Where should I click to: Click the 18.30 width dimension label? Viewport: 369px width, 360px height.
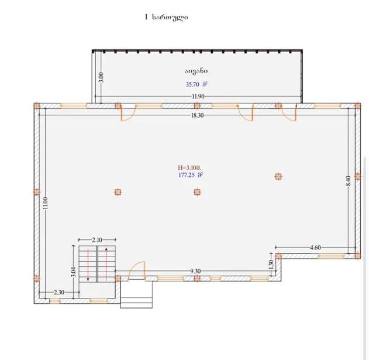(197, 115)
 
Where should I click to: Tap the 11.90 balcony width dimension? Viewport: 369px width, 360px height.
(198, 97)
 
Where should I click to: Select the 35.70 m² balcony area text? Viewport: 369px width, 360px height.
(196, 84)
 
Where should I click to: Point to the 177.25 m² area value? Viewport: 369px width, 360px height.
(191, 175)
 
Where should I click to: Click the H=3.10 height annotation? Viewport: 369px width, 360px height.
(189, 168)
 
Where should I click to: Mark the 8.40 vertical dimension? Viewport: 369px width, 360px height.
(349, 181)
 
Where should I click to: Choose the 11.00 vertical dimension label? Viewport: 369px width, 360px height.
(46, 203)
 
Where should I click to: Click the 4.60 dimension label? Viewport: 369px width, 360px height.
(315, 248)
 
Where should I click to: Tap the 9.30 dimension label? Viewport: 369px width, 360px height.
(195, 271)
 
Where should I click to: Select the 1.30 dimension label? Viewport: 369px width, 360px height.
(271, 265)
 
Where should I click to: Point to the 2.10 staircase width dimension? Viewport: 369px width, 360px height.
(97, 240)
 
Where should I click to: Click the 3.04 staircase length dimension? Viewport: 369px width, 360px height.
(74, 272)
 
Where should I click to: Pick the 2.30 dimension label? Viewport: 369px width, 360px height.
(59, 292)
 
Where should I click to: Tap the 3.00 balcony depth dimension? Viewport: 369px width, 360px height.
(101, 77)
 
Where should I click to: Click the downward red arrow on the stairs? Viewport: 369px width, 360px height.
(88, 265)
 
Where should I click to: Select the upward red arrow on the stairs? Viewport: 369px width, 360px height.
(106, 264)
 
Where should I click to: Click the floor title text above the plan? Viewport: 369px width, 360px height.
(167, 17)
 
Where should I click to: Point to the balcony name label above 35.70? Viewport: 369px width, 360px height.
(196, 71)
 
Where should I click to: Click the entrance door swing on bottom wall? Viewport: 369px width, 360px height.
(137, 270)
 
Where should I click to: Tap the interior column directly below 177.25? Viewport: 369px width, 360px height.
(197, 192)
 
